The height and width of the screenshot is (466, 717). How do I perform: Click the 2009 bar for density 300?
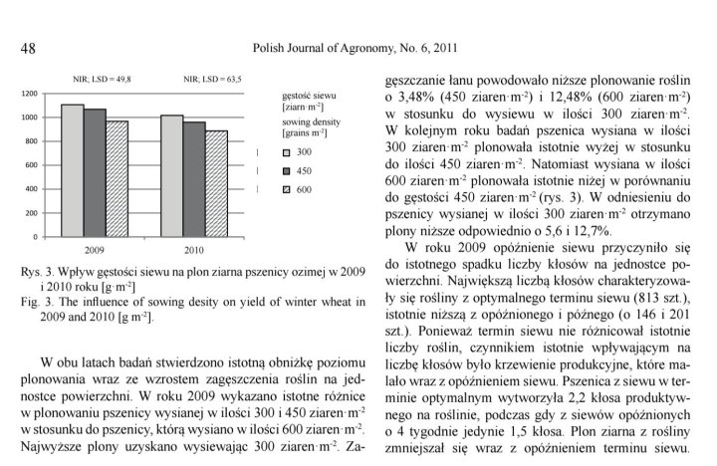pyautogui.click(x=72, y=170)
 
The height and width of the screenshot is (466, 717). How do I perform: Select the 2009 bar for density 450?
pyautogui.click(x=95, y=172)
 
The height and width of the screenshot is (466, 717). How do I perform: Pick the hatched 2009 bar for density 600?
pyautogui.click(x=118, y=178)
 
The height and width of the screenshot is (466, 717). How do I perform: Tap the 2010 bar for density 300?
pyautogui.click(x=171, y=175)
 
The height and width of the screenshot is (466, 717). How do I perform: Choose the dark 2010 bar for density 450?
pyautogui.click(x=194, y=179)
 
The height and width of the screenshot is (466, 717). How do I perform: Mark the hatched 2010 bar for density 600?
pyautogui.click(x=217, y=183)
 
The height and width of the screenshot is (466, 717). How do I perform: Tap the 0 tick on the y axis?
pyautogui.click(x=35, y=237)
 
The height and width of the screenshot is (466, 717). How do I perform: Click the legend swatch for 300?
pyautogui.click(x=285, y=152)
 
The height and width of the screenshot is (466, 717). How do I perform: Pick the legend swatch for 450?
pyautogui.click(x=285, y=170)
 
